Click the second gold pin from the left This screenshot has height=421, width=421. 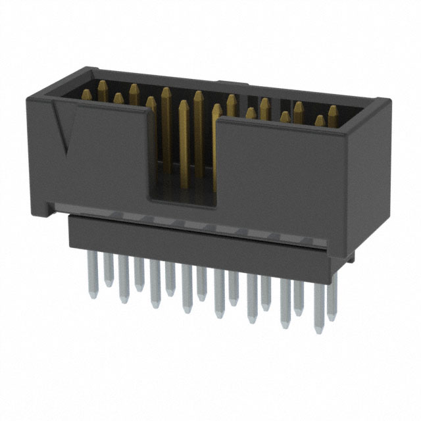(x=118, y=98)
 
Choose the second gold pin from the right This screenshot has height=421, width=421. (x=320, y=120)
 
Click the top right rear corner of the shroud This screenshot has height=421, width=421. (x=385, y=101)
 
